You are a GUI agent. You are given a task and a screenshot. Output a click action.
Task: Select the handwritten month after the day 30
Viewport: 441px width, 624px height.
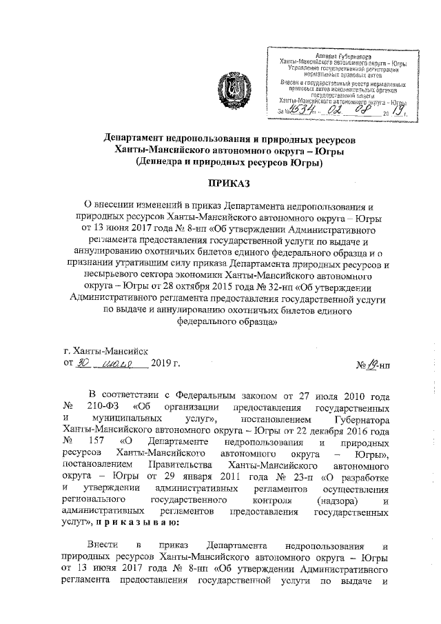tap(115, 363)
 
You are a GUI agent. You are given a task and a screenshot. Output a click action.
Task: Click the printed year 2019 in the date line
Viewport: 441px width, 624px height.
tap(163, 363)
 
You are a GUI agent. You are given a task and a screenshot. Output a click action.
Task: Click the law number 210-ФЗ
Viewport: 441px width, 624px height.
tap(101, 406)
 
